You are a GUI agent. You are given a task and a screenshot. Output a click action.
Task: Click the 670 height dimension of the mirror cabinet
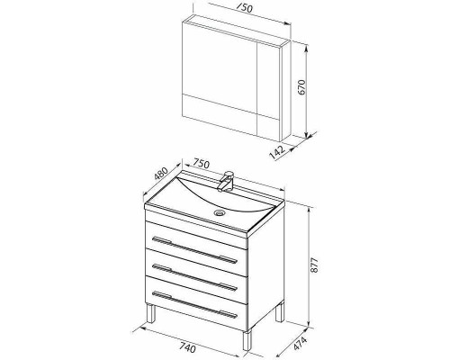click(302, 87)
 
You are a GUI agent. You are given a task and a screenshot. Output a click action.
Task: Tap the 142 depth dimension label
click(277, 152)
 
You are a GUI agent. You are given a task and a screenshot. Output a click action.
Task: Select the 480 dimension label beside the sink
click(160, 174)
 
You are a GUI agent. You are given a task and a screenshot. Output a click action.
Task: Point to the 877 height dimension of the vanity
click(313, 265)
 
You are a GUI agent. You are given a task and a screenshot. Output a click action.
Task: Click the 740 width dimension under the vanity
click(187, 348)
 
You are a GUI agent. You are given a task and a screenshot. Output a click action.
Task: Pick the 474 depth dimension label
click(301, 344)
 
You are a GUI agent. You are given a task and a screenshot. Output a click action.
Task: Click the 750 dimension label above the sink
click(201, 164)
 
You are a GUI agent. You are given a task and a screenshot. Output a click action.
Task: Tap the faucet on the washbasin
click(226, 181)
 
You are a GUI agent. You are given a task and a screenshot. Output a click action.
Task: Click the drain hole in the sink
click(220, 213)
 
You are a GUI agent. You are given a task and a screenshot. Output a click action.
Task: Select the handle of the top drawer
click(195, 250)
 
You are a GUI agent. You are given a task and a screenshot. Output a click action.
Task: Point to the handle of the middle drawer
click(195, 277)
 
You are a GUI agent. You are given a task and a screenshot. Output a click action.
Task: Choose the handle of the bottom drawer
click(195, 304)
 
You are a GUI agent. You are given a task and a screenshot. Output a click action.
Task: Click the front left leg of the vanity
click(151, 313)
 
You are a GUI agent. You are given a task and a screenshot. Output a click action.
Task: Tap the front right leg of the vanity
click(247, 340)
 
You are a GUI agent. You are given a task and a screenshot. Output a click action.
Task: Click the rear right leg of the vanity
click(280, 312)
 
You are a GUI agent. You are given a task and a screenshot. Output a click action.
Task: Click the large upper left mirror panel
click(220, 65)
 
